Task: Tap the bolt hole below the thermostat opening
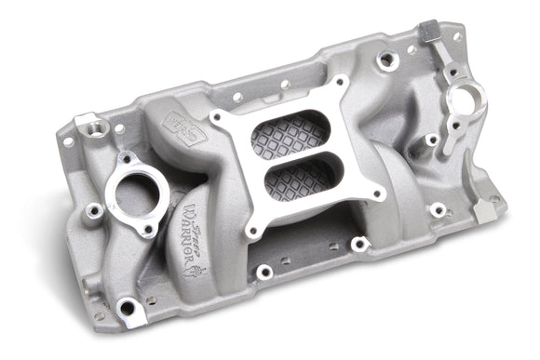coord(147,227)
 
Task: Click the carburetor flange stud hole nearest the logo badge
coord(217,118)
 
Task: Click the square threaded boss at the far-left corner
coord(89,124)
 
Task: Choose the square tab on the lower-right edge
coord(481,210)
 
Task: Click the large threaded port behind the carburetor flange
coord(387,59)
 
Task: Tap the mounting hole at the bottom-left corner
coord(127,304)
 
